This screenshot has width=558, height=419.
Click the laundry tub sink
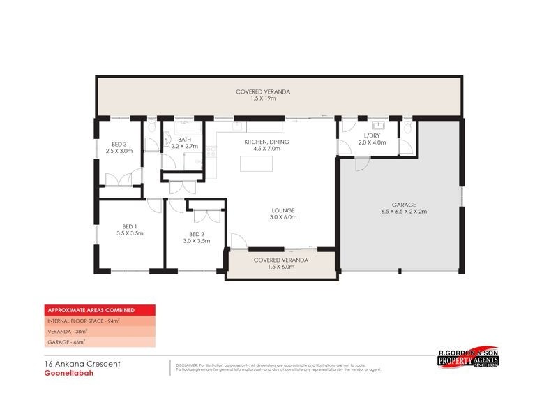coord(379,126)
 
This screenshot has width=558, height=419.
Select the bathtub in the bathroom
coord(189,128)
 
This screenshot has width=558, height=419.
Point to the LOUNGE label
coord(283,209)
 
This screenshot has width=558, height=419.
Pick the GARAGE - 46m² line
coord(66,342)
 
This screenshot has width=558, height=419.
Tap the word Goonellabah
coord(63,373)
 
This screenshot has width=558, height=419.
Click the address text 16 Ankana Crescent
coord(72,364)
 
